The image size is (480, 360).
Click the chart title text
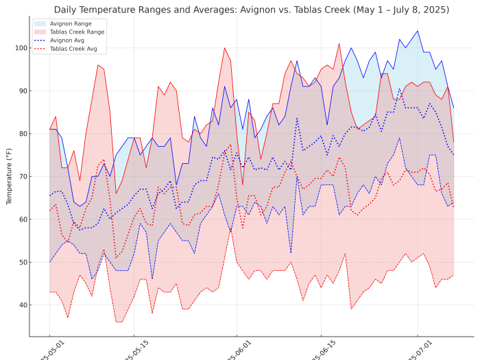(x=252, y=10)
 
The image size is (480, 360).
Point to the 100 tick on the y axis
(x=19, y=48)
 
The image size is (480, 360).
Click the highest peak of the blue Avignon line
(x=417, y=31)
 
